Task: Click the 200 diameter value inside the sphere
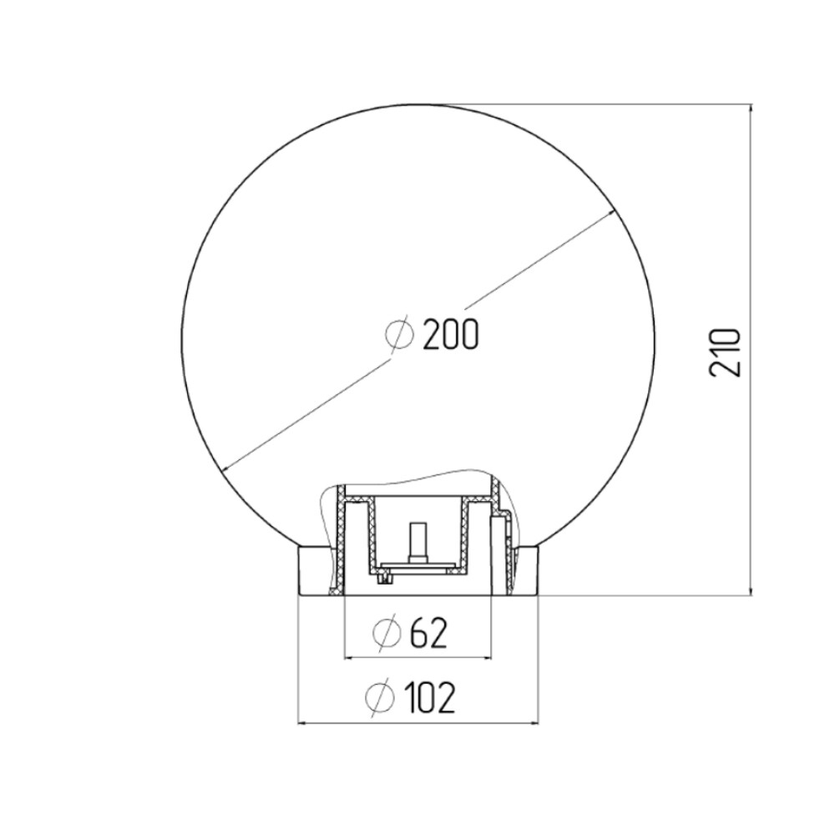pyautogui.click(x=451, y=336)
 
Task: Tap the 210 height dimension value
pyautogui.click(x=725, y=352)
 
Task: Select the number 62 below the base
pyautogui.click(x=428, y=633)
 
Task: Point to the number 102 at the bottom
pyautogui.click(x=430, y=697)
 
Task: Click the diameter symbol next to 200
pyautogui.click(x=399, y=334)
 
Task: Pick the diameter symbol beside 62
pyautogui.click(x=387, y=633)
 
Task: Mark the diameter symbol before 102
pyautogui.click(x=380, y=696)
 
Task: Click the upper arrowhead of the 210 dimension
pyautogui.click(x=751, y=109)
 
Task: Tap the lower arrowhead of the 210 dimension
pyautogui.click(x=751, y=590)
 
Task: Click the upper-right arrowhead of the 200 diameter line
pyautogui.click(x=611, y=214)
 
